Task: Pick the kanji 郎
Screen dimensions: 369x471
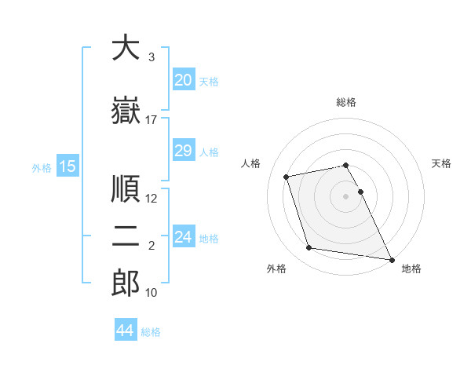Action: pyautogui.click(x=126, y=283)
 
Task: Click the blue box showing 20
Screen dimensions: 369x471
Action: pyautogui.click(x=183, y=80)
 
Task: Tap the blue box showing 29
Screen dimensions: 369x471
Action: pyautogui.click(x=183, y=151)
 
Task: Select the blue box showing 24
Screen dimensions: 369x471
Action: pyautogui.click(x=184, y=237)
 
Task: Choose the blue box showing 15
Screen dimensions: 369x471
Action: pyautogui.click(x=68, y=166)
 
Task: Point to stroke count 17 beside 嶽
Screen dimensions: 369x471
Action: pyautogui.click(x=152, y=120)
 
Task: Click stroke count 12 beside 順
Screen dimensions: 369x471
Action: pyautogui.click(x=152, y=199)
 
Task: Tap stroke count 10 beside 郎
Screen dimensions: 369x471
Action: pyautogui.click(x=152, y=293)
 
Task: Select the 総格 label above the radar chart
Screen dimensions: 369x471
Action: pyautogui.click(x=346, y=102)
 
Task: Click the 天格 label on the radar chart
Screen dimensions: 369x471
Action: pyautogui.click(x=442, y=163)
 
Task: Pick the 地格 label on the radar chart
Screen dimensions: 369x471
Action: pyautogui.click(x=411, y=269)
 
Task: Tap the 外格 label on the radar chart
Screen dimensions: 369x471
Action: pyautogui.click(x=276, y=269)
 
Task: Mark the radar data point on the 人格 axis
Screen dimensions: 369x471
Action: pyautogui.click(x=287, y=176)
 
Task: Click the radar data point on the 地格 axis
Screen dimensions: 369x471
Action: pyautogui.click(x=392, y=259)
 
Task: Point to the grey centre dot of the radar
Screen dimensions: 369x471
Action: pyautogui.click(x=346, y=195)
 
